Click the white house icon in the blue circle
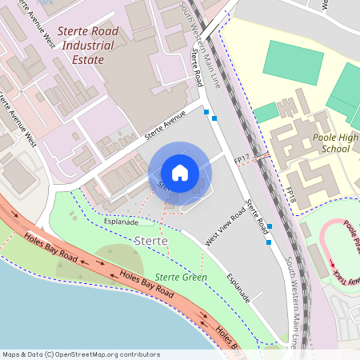pyautogui.click(x=180, y=172)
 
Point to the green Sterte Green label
pyautogui.click(x=181, y=277)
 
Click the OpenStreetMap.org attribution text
pyautogui.click(x=80, y=354)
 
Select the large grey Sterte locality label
pyautogui.click(x=151, y=240)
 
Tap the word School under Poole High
pyautogui.click(x=335, y=149)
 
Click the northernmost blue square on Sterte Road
pyautogui.click(x=206, y=111)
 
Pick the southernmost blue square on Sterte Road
pyautogui.click(x=269, y=242)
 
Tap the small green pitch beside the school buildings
pyautogui.click(x=266, y=113)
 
